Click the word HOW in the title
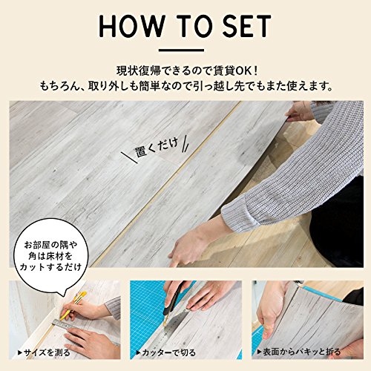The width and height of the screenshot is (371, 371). click(x=131, y=26)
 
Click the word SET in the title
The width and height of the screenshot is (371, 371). click(x=246, y=26)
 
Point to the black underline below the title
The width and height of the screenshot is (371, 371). click(x=181, y=50)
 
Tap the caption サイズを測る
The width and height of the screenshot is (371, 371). click(x=45, y=352)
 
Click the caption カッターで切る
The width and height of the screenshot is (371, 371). click(x=166, y=352)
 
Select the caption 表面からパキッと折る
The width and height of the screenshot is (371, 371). click(x=299, y=352)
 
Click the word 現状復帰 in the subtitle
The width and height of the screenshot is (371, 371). click(x=139, y=71)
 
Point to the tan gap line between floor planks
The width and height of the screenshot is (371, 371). click(x=165, y=184)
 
